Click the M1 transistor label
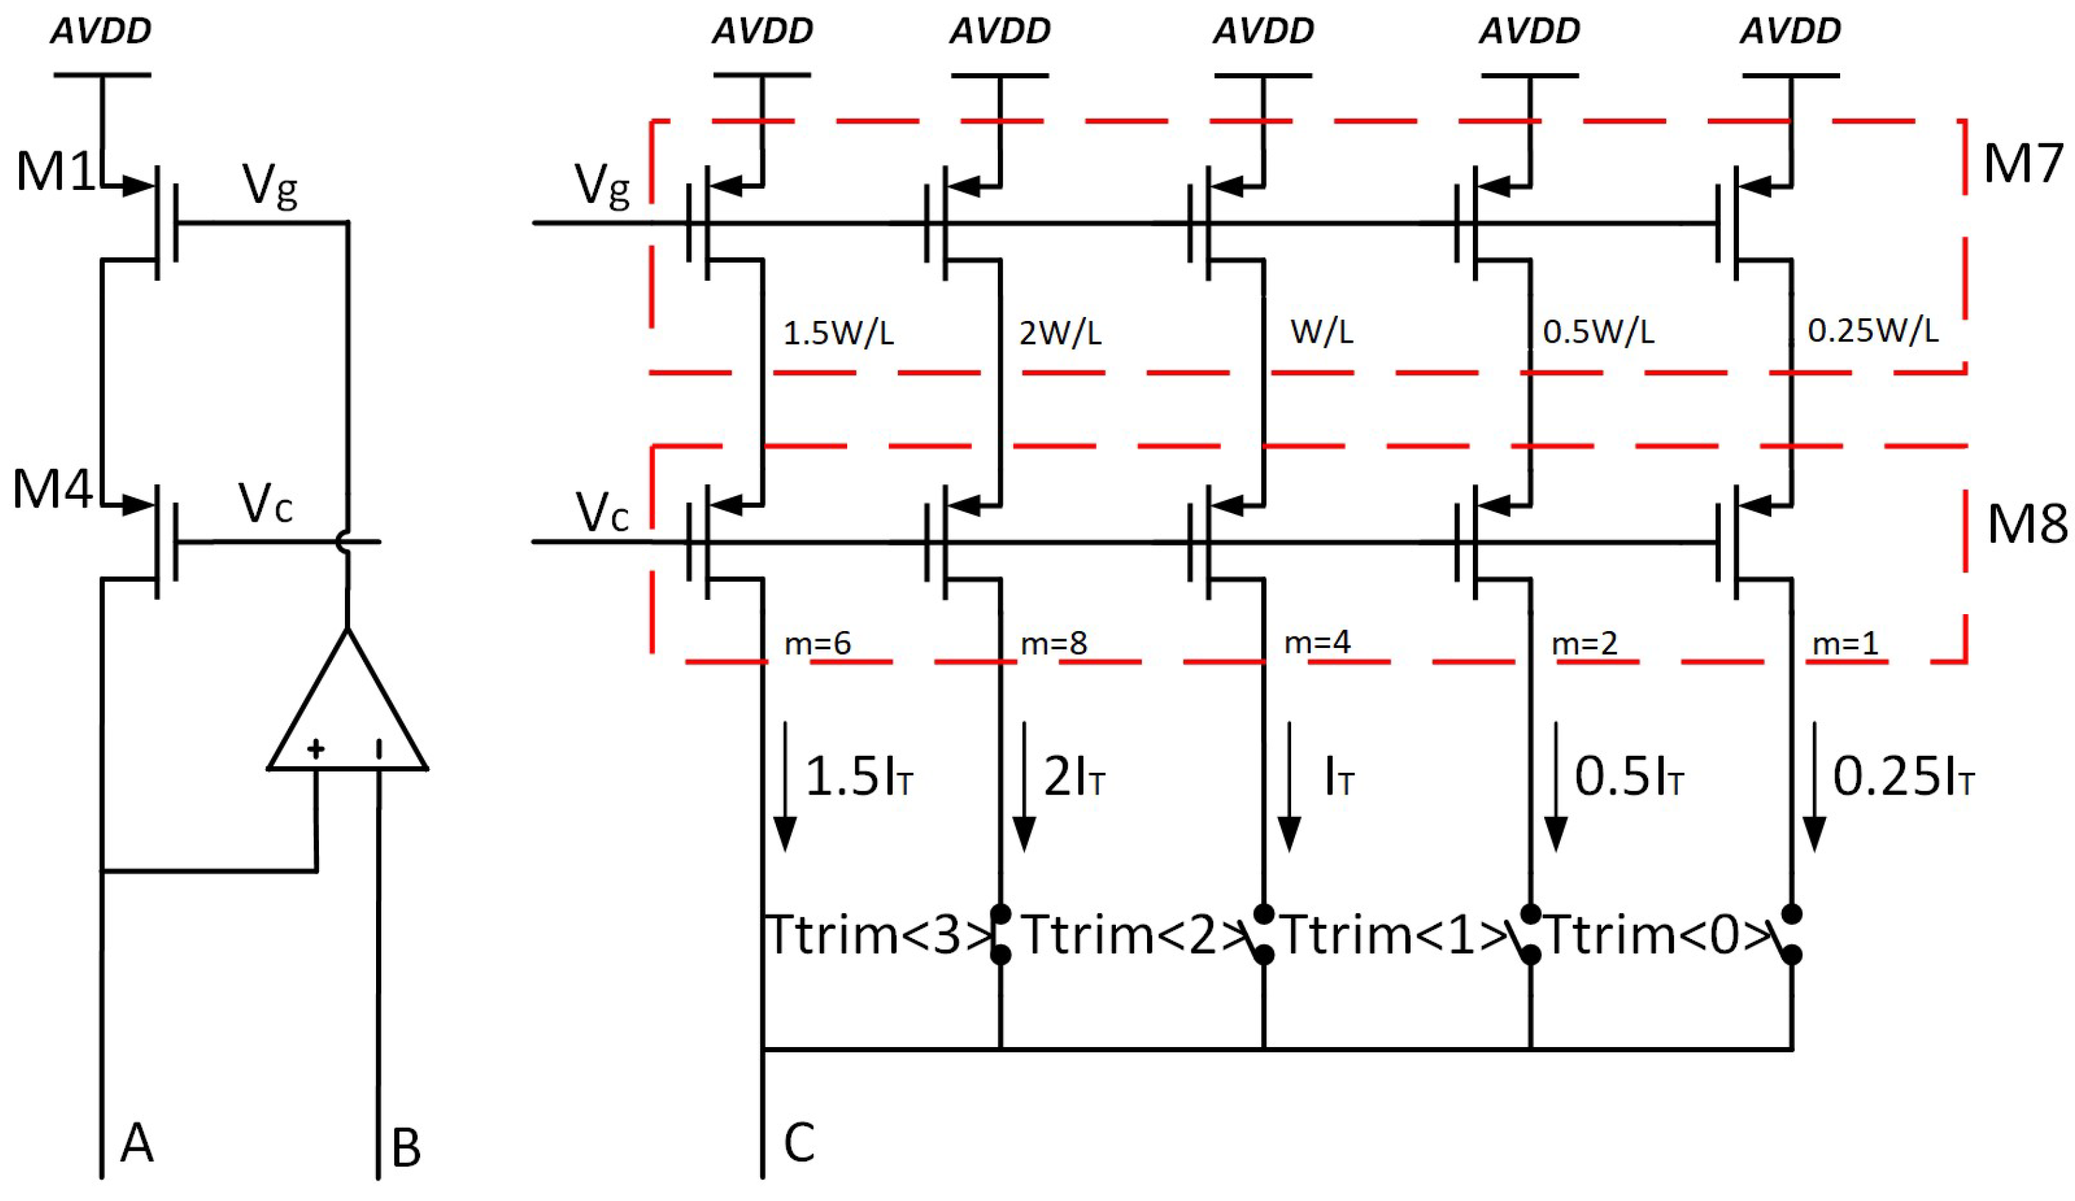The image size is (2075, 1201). [x=54, y=172]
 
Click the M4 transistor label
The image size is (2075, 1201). [x=51, y=489]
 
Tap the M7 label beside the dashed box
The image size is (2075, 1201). [x=2022, y=164]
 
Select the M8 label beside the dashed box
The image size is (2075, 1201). [x=2025, y=525]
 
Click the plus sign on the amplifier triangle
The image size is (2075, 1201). [x=316, y=748]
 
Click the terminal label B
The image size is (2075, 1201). [x=406, y=1147]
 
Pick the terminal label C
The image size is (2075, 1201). [x=799, y=1143]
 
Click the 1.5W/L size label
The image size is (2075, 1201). [x=838, y=333]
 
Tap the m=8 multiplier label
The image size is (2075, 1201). [x=1053, y=643]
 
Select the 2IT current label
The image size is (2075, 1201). [x=1074, y=776]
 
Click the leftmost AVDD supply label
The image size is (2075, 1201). [x=101, y=31]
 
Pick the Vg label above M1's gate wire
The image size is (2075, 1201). [x=270, y=185]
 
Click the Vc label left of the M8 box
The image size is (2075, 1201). [x=602, y=512]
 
